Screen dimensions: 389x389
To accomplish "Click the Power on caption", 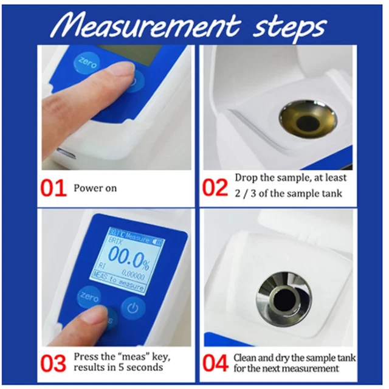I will click(95, 188).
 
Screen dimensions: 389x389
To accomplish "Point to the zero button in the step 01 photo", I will click(86, 62).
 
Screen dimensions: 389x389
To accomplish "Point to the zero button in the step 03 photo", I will click(89, 297).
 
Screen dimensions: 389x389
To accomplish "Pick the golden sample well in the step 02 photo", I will click(308, 119).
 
